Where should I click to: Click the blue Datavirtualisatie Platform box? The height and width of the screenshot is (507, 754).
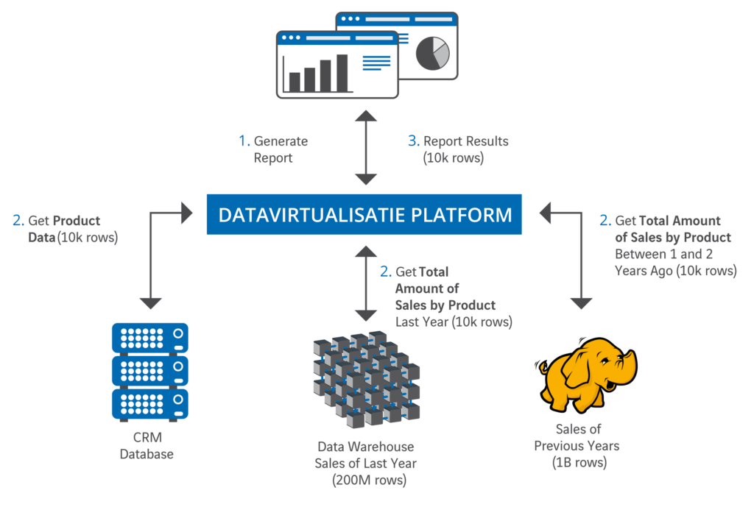pyautogui.click(x=364, y=214)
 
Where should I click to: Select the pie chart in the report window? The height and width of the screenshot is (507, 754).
pyautogui.click(x=432, y=52)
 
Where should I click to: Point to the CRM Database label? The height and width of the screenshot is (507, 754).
pyautogui.click(x=147, y=447)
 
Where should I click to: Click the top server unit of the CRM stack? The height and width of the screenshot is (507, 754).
pyautogui.click(x=149, y=338)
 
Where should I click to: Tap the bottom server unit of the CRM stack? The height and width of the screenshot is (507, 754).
pyautogui.click(x=149, y=404)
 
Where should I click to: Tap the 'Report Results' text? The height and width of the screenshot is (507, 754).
pyautogui.click(x=465, y=141)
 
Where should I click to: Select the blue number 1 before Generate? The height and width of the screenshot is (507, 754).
pyautogui.click(x=243, y=141)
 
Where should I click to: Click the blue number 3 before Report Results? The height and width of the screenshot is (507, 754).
pyautogui.click(x=413, y=141)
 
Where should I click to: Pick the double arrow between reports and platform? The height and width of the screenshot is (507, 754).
pyautogui.click(x=366, y=147)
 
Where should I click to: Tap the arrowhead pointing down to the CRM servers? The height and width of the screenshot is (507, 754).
pyautogui.click(x=150, y=302)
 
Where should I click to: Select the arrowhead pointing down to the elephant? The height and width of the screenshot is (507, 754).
pyautogui.click(x=581, y=302)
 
